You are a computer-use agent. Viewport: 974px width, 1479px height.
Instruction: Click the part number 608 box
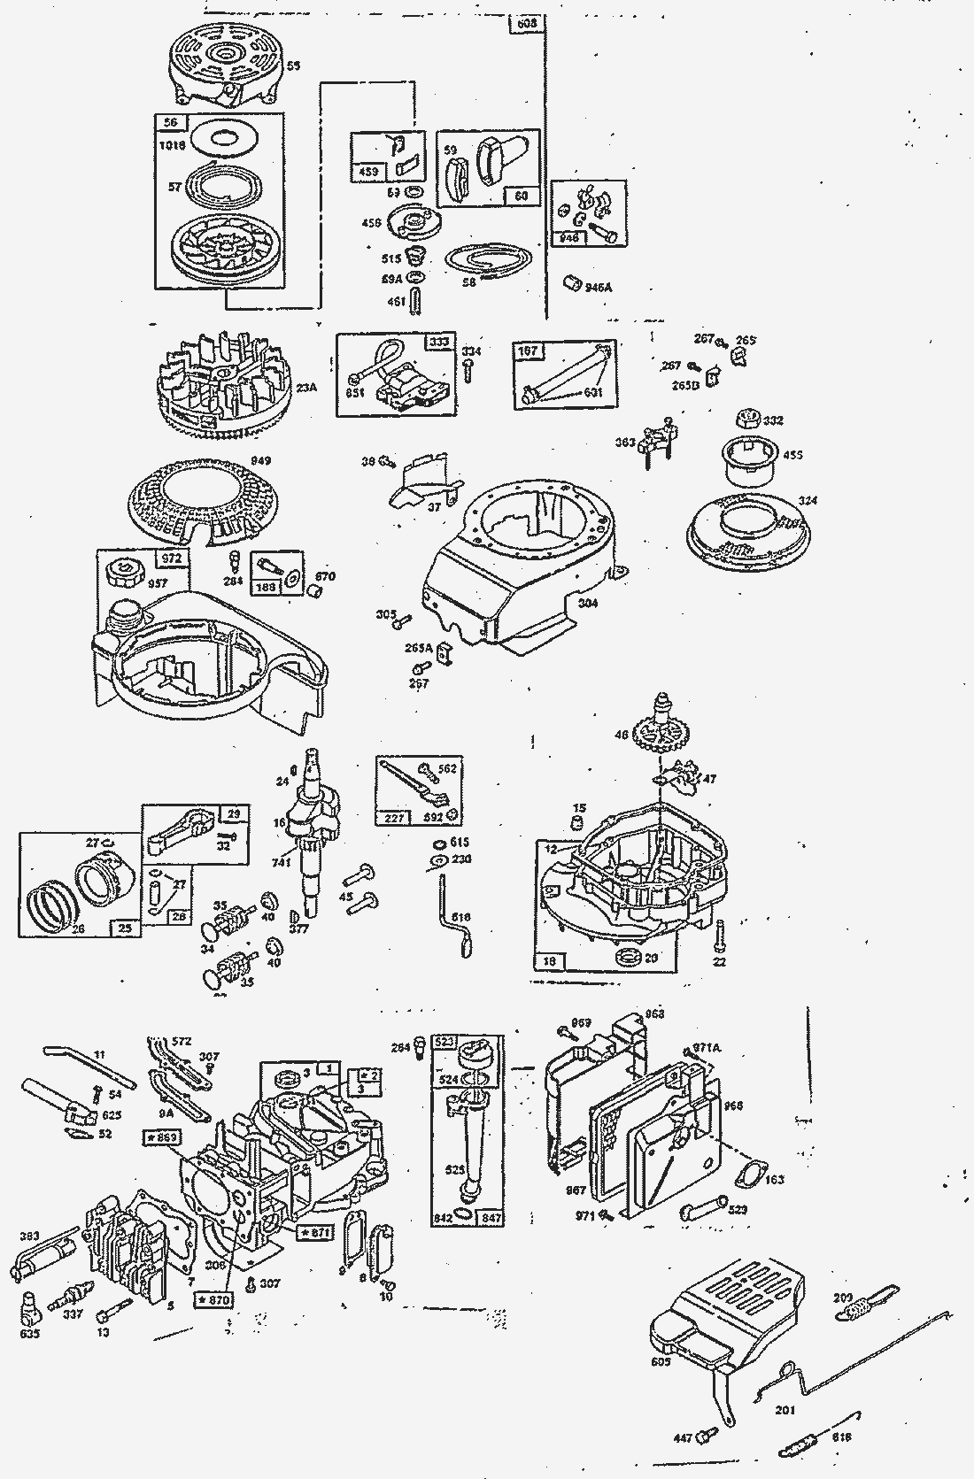pos(527,24)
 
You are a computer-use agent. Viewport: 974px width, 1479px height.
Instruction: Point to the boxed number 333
pos(438,342)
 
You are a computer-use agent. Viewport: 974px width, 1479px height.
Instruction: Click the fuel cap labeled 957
pos(124,573)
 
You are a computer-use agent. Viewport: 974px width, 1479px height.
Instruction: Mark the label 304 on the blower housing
pos(588,604)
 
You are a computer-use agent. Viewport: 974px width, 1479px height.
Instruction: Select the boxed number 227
pos(394,817)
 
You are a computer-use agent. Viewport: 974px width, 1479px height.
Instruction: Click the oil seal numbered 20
pos(630,957)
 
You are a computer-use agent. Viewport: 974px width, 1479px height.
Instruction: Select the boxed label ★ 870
pos(213,1300)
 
